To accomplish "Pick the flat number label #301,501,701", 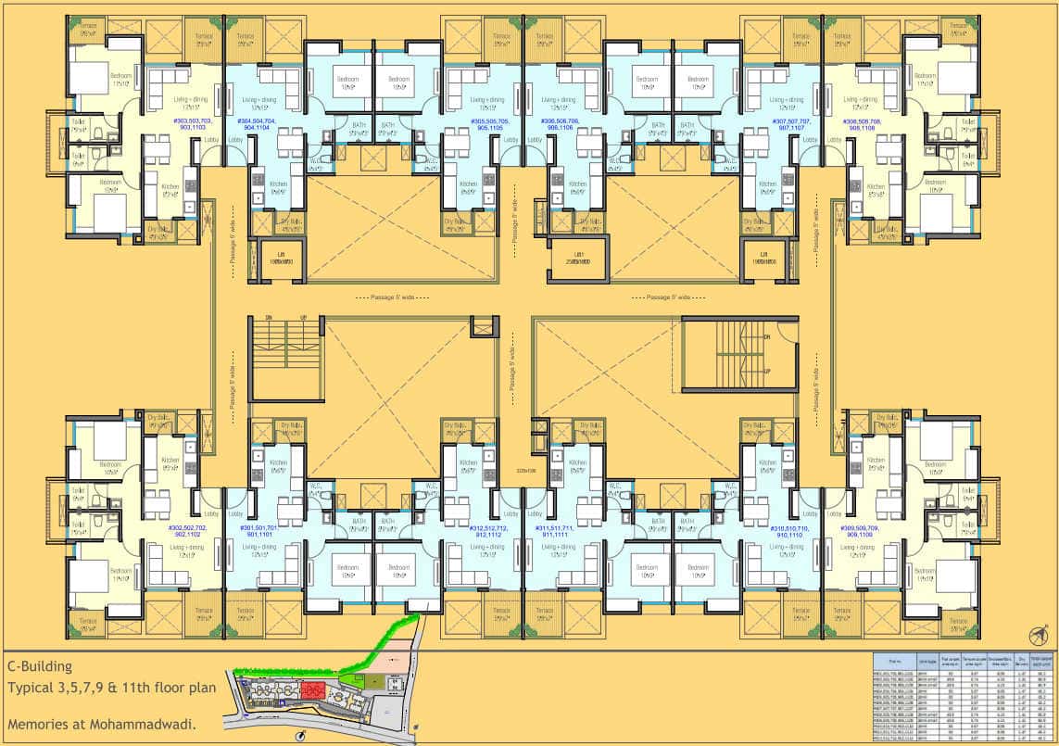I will [258, 531].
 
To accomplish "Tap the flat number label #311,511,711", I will [561, 531].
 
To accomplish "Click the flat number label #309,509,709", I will [861, 531].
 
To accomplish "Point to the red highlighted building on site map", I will [309, 690].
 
